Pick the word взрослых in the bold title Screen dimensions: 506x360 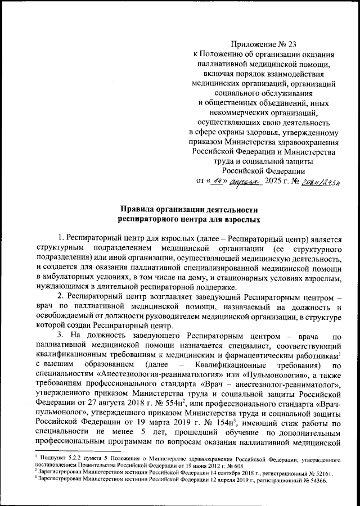point(242,221)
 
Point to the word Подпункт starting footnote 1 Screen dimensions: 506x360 point(47,458)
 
